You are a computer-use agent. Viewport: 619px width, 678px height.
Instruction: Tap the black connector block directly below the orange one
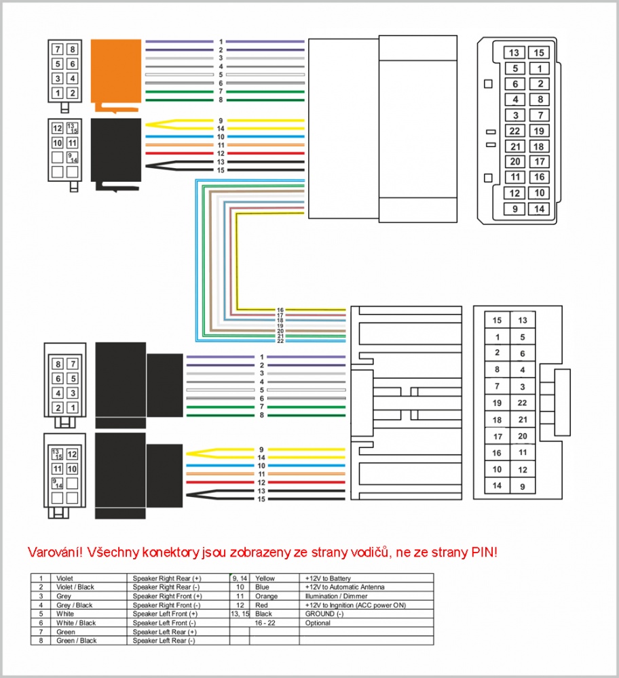(x=116, y=151)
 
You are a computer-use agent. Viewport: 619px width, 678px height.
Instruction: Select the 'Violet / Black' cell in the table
(x=75, y=586)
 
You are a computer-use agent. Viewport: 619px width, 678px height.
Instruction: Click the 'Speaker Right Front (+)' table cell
(x=167, y=596)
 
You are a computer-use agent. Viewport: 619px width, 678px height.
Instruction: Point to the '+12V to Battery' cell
(x=328, y=578)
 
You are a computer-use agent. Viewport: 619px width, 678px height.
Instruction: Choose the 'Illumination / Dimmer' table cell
(x=337, y=596)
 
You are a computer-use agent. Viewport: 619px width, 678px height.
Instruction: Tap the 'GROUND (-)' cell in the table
(x=324, y=614)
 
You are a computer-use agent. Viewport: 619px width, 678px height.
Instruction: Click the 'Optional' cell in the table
(x=318, y=622)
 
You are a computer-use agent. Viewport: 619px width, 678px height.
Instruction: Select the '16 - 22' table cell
(x=265, y=622)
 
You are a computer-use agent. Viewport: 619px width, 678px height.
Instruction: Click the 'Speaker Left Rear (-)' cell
(x=164, y=641)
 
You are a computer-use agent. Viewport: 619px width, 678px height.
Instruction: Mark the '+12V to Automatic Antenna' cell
(x=345, y=586)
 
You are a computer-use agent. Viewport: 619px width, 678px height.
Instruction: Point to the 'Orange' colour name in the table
(x=266, y=596)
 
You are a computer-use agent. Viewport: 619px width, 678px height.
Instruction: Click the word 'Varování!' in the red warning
(x=55, y=552)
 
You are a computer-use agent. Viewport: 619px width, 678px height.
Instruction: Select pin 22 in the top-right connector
(x=514, y=131)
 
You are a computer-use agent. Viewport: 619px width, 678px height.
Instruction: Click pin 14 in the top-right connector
(x=539, y=210)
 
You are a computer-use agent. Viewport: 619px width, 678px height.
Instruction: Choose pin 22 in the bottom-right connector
(x=523, y=403)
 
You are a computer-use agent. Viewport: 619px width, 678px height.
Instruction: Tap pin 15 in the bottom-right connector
(x=497, y=321)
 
